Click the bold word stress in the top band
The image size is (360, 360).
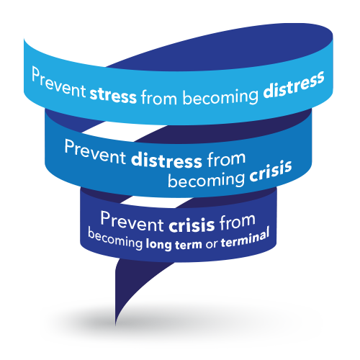click(x=113, y=96)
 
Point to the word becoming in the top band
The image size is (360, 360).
click(x=220, y=97)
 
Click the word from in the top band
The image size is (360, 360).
click(x=159, y=97)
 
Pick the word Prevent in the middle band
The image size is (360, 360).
click(x=95, y=153)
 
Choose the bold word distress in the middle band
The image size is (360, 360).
click(x=166, y=160)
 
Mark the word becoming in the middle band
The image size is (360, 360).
click(x=206, y=180)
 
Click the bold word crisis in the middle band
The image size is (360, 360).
click(x=271, y=171)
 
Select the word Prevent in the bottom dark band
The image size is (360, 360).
click(x=132, y=222)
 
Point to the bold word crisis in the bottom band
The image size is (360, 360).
click(x=192, y=225)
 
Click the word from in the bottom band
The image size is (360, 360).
click(x=237, y=222)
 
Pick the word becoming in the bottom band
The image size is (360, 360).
click(x=115, y=239)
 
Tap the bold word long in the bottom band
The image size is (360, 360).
click(x=158, y=245)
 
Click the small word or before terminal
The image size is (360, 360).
click(x=211, y=244)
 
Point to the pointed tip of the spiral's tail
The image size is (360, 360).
click(x=116, y=325)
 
